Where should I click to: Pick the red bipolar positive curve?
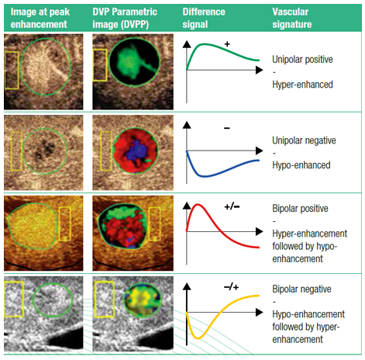(200, 208)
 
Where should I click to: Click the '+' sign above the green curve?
(227, 44)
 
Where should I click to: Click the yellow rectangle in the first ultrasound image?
(12, 67)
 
